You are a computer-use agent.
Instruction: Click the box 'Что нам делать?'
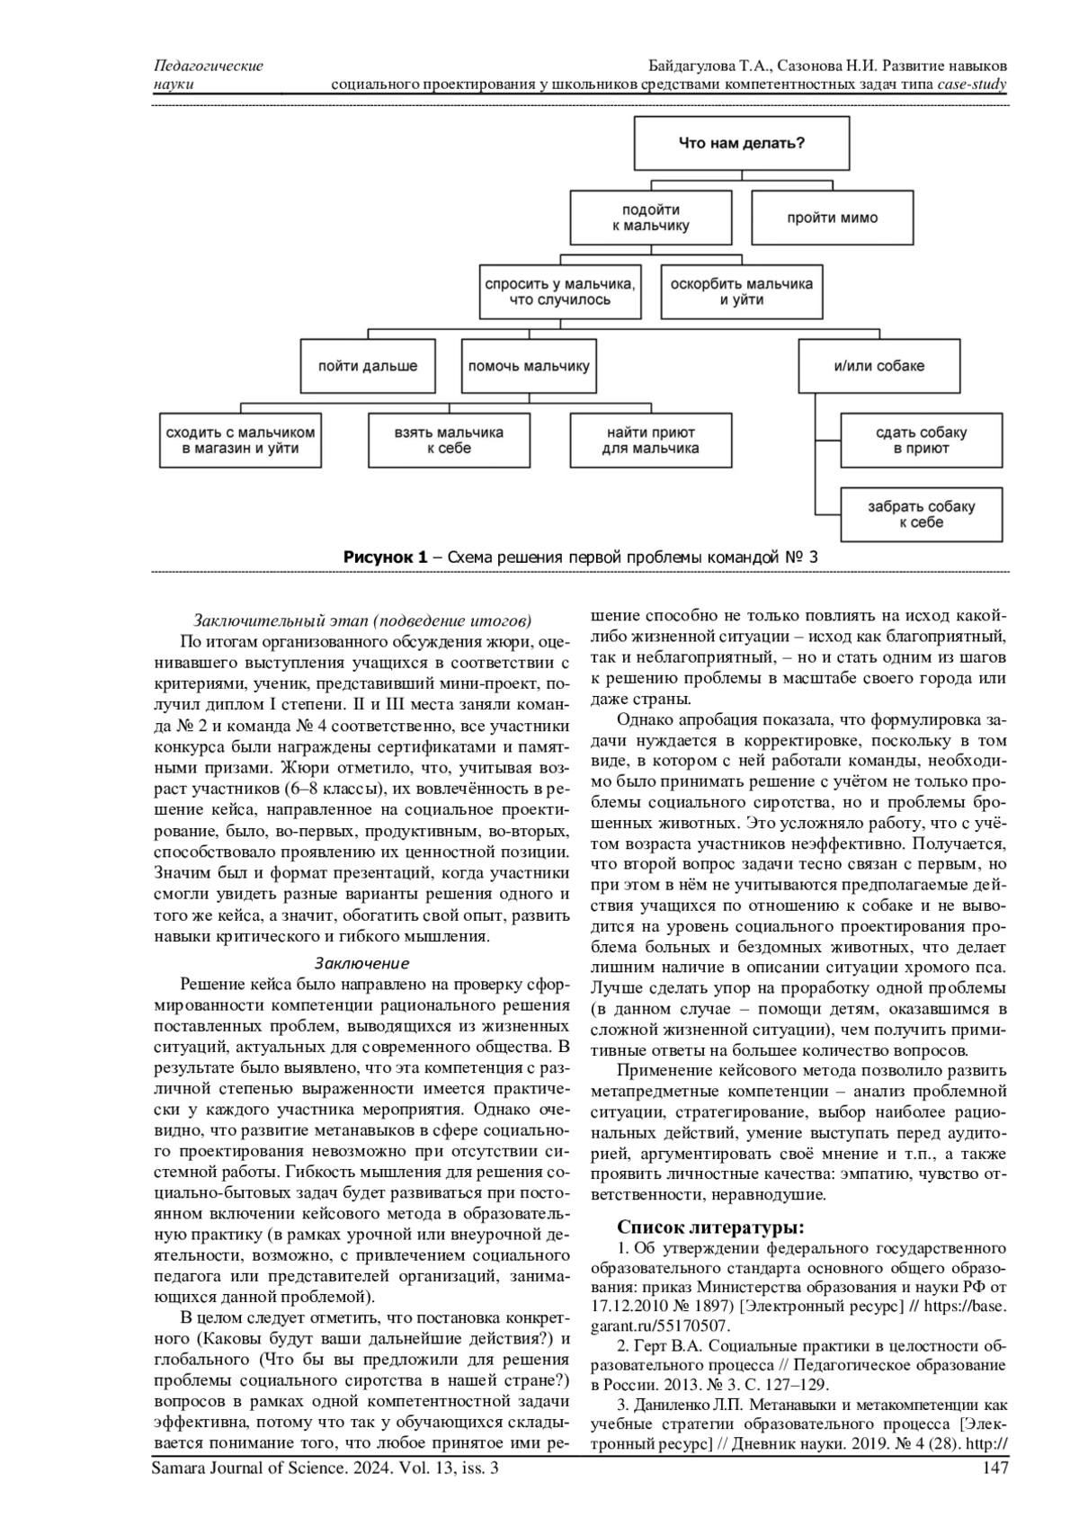pyautogui.click(x=741, y=143)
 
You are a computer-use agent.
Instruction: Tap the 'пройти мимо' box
pyautogui.click(x=833, y=218)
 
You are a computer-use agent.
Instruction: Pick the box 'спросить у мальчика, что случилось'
pyautogui.click(x=560, y=291)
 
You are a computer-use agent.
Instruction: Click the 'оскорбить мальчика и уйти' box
pyautogui.click(x=741, y=291)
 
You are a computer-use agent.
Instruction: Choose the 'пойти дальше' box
pyautogui.click(x=368, y=366)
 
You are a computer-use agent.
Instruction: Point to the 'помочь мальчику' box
pyautogui.click(x=529, y=366)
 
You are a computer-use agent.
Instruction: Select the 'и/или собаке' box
pyautogui.click(x=878, y=366)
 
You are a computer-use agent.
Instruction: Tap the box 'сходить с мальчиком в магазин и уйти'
pyautogui.click(x=240, y=440)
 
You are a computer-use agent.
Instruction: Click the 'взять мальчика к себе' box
pyautogui.click(x=449, y=440)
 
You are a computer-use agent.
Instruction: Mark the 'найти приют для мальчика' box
pyautogui.click(x=650, y=440)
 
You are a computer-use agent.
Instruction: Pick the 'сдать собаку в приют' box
pyautogui.click(x=921, y=440)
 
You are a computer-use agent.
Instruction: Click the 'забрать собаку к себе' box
pyautogui.click(x=921, y=514)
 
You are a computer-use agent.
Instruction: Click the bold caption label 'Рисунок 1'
pyautogui.click(x=385, y=558)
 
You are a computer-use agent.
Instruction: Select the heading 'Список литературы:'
pyautogui.click(x=710, y=1227)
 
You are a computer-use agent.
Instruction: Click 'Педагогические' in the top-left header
pyautogui.click(x=209, y=66)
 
